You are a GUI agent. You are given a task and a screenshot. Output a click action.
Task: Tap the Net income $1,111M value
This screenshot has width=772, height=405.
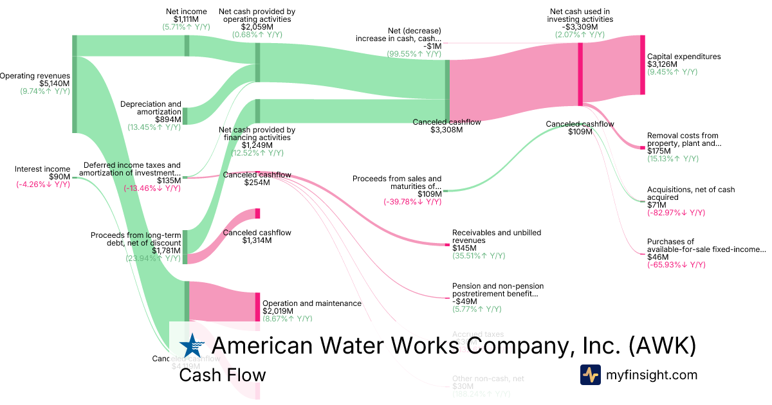(187, 19)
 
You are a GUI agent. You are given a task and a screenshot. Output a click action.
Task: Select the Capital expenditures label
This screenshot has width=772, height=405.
(684, 57)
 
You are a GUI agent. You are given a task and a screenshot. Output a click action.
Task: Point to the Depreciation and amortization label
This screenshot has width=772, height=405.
(151, 108)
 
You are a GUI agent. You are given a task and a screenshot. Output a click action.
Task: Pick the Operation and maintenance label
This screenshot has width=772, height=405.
(312, 303)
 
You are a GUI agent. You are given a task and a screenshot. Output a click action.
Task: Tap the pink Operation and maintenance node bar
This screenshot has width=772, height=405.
(257, 307)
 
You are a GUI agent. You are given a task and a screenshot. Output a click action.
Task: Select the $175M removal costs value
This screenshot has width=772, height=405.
(658, 152)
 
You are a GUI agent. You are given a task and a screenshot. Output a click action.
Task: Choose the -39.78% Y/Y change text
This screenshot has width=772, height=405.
(414, 202)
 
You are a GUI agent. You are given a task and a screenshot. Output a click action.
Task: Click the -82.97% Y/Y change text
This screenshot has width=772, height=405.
(675, 213)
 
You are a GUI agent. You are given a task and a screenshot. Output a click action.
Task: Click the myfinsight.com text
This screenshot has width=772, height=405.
(652, 375)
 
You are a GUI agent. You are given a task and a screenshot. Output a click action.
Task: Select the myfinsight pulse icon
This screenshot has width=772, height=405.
(591, 375)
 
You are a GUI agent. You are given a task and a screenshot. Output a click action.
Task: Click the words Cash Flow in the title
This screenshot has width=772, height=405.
(223, 375)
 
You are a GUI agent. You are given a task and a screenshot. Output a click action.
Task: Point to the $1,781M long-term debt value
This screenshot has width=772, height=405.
(167, 251)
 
